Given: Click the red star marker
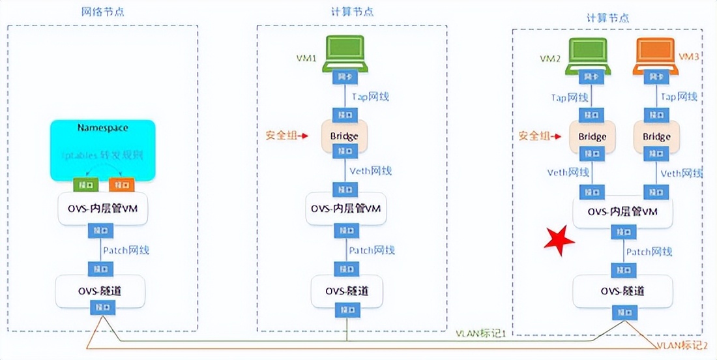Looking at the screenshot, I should tap(559, 239).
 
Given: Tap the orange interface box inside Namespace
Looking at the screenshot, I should tap(121, 184).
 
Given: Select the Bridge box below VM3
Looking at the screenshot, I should tap(656, 136).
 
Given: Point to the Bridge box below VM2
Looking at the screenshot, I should tap(592, 136).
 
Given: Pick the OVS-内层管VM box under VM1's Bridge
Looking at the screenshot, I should tap(344, 209).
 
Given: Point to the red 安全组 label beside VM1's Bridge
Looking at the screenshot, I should tap(282, 136).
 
